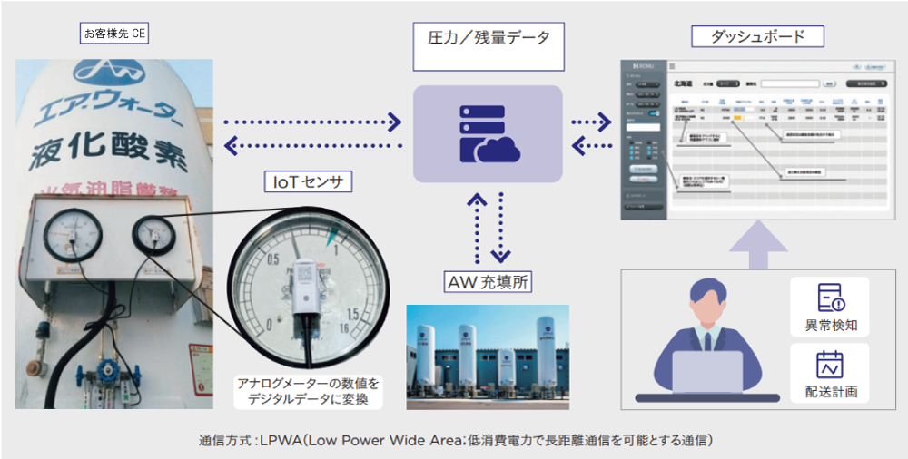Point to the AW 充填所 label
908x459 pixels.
487,282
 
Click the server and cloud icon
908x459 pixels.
488,133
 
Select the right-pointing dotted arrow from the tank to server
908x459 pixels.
312,121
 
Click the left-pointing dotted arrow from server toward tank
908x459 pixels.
312,144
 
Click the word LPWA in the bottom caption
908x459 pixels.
280,442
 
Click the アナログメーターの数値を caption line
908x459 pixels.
309,384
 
